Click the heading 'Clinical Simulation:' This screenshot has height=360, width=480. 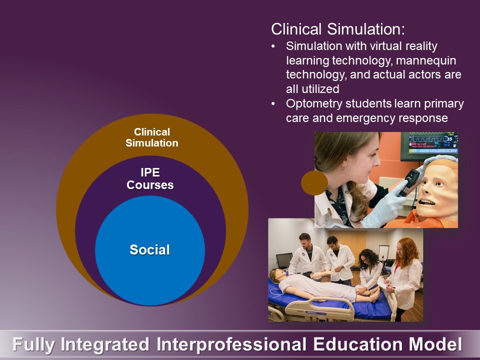(338, 29)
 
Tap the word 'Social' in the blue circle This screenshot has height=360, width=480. (149, 250)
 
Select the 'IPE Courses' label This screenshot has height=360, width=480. (150, 179)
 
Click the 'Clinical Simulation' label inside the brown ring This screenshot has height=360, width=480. (152, 137)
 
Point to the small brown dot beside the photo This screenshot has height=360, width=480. (314, 183)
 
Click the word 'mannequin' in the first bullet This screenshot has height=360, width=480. (426, 60)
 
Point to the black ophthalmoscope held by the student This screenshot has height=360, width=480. (408, 182)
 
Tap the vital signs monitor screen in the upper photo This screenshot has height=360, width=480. (433, 142)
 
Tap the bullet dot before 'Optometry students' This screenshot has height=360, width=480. (273, 104)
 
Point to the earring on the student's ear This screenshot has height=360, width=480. (344, 168)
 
